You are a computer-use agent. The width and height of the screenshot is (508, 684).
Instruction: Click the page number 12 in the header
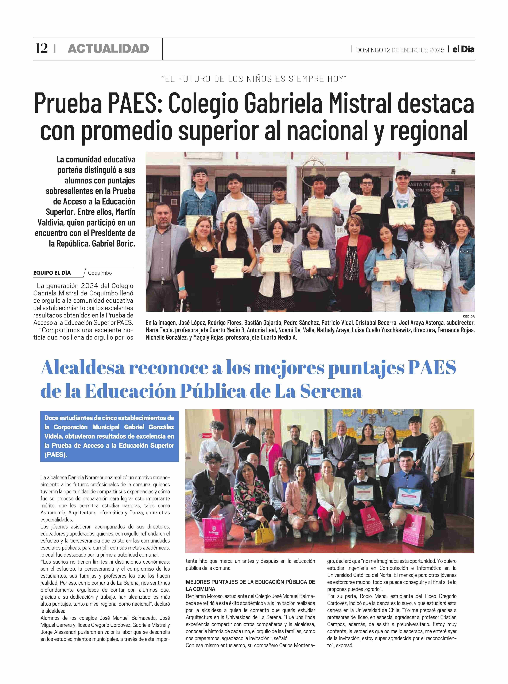42,49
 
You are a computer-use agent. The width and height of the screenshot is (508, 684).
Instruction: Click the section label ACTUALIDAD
108,49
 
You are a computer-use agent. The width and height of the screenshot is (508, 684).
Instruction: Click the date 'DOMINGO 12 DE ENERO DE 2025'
400,50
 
